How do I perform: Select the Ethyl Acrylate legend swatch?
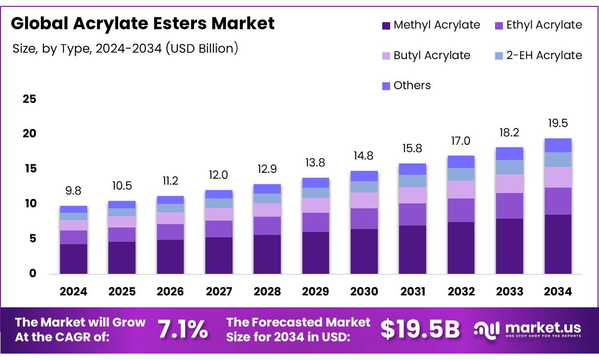coord(499,26)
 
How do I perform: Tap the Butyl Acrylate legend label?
coord(432,56)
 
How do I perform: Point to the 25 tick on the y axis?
coord(30,99)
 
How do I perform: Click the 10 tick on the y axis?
coord(30,203)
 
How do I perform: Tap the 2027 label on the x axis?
coord(219,292)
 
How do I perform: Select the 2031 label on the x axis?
coord(412,292)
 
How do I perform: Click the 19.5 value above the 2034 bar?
coord(558,123)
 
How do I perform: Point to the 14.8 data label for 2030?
coord(364,156)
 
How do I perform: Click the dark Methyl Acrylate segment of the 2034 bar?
coord(558,244)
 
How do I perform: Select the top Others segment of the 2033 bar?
coord(509,154)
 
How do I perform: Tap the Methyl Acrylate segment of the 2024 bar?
coord(73,259)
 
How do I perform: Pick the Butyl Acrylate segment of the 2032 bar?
coord(461,190)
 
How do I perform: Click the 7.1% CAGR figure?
coord(183,329)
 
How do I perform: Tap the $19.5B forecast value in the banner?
coord(420,329)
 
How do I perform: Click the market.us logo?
coord(527,329)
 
